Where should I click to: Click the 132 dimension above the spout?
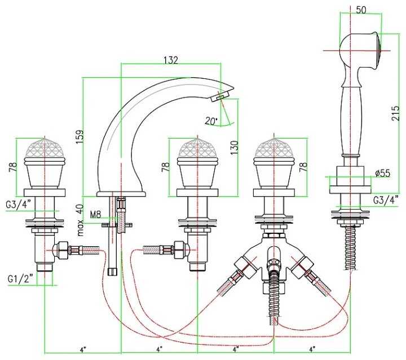coord(171,60)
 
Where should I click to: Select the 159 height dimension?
coord(80,136)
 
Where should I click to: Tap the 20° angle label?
coord(210,121)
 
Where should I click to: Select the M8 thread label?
coord(95,214)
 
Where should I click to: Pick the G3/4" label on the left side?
coord(18,204)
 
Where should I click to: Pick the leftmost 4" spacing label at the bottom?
coord(83,350)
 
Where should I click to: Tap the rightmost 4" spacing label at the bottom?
coord(312,350)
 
